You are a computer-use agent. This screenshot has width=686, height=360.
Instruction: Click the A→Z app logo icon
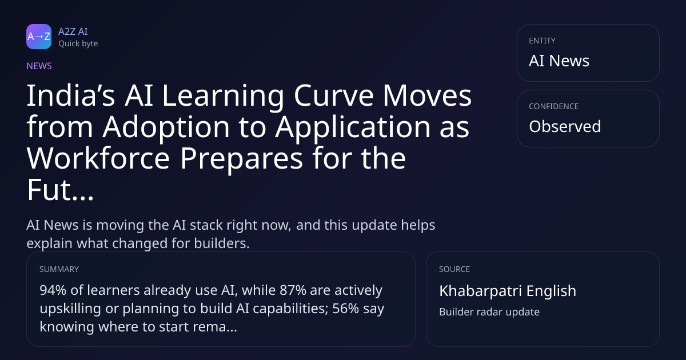(x=39, y=37)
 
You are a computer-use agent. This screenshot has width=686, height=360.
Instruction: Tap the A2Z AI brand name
(x=73, y=31)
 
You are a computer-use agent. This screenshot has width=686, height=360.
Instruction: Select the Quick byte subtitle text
(x=78, y=44)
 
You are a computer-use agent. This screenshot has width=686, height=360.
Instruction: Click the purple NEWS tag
(x=39, y=66)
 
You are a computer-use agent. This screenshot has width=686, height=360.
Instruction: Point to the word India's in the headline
(x=71, y=95)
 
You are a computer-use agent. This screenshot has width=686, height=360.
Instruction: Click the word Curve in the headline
(x=334, y=95)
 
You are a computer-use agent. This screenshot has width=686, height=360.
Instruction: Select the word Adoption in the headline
(x=166, y=127)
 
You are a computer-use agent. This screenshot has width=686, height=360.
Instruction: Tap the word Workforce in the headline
(x=98, y=158)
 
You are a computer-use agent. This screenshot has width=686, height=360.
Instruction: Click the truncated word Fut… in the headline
(x=61, y=190)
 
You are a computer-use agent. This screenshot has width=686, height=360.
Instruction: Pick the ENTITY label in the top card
(x=542, y=41)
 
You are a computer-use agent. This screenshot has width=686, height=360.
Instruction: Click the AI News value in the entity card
(x=559, y=61)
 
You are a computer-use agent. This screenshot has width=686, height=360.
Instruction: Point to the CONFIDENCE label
(x=554, y=106)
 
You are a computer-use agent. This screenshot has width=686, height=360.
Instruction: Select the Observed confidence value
(x=565, y=126)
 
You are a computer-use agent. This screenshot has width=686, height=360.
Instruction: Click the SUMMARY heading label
(x=59, y=269)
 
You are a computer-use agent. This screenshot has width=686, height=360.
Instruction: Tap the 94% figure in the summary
(x=53, y=290)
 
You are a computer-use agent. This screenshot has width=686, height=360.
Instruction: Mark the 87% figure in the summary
(x=293, y=290)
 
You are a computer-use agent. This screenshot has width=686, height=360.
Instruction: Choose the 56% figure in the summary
(x=345, y=309)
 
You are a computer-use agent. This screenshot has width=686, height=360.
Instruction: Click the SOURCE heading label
(x=454, y=269)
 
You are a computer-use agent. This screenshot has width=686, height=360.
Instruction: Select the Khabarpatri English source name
(x=508, y=291)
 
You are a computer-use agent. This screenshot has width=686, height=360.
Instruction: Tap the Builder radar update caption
(x=489, y=312)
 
